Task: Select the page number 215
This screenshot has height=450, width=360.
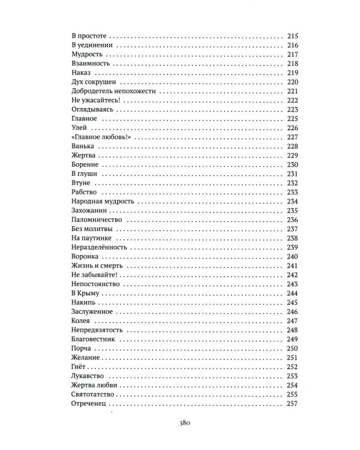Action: click(x=292, y=35)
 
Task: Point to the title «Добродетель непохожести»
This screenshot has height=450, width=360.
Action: click(x=104, y=90)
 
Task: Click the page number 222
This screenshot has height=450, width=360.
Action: click(x=292, y=100)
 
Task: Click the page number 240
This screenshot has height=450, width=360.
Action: click(x=292, y=257)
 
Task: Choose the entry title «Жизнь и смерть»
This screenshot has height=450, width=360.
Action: click(x=93, y=265)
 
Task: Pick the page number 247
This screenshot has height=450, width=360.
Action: click(x=292, y=321)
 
